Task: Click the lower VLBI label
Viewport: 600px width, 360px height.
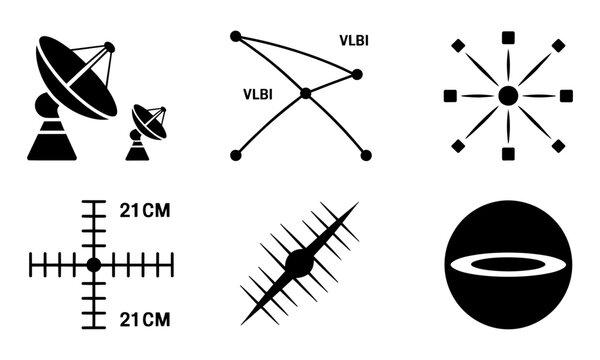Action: [258, 94]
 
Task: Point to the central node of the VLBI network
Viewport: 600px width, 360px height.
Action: [306, 93]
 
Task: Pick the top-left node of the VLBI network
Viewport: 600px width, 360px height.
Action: [236, 36]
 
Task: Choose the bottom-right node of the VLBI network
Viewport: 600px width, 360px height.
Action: [365, 155]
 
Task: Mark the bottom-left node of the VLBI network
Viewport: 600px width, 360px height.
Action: [236, 155]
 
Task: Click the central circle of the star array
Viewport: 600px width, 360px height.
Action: [508, 95]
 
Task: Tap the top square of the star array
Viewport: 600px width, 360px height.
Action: [508, 37]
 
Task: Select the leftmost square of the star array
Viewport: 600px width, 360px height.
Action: [450, 95]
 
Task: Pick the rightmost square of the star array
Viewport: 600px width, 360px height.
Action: [566, 95]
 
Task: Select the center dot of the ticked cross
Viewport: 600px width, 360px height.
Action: [93, 264]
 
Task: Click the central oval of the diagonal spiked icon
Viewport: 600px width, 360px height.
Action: [299, 263]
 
